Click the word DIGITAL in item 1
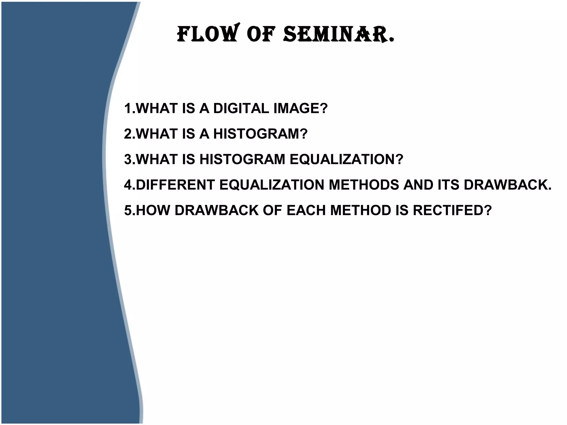tap(241, 108)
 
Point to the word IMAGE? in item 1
tap(300, 108)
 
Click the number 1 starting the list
tap(128, 108)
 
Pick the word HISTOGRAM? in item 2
tap(260, 134)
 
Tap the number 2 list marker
tap(128, 134)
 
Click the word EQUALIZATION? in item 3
tap(346, 159)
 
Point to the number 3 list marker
tap(128, 159)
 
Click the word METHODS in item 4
tap(364, 185)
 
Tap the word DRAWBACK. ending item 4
tap(507, 185)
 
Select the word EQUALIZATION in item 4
tap(272, 185)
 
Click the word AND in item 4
tap(418, 185)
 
